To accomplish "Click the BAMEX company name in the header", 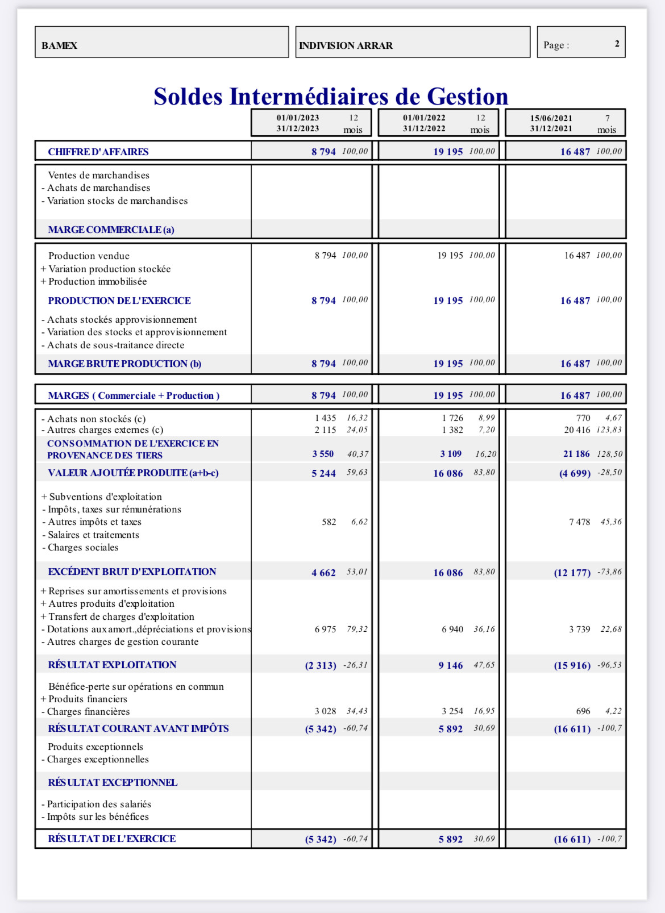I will click(59, 45).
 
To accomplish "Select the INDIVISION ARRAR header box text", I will click(346, 45).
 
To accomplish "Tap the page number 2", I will click(617, 44).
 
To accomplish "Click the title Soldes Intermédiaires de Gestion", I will click(331, 97).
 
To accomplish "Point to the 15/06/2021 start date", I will click(551, 118).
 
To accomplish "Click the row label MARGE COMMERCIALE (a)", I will click(111, 230).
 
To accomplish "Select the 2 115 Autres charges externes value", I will click(325, 430).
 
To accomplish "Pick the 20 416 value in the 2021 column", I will click(577, 430).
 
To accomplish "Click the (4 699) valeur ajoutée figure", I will click(575, 473).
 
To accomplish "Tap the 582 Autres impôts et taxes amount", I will click(329, 522).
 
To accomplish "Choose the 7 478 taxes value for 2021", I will click(579, 522).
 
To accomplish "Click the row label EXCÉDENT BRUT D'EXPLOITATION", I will click(132, 572).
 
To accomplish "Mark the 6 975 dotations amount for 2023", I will click(325, 629).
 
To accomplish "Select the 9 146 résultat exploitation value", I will click(450, 665).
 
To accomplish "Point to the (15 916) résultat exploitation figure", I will click(572, 665).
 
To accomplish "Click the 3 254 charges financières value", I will click(452, 711).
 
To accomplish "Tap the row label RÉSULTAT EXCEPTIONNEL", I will click(113, 782).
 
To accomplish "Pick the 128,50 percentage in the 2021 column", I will click(609, 454).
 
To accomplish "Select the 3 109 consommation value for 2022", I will click(450, 454).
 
